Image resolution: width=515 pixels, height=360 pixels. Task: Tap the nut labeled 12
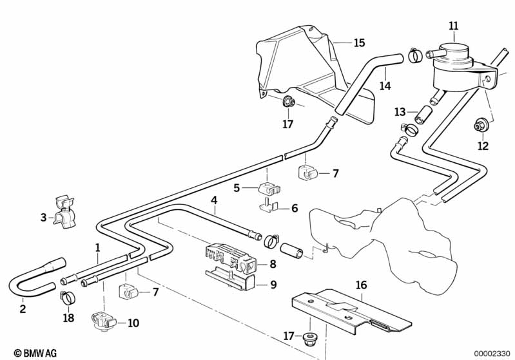[481, 125]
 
